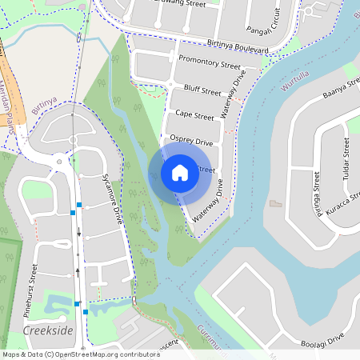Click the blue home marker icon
(179, 172)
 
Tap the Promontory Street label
(210, 63)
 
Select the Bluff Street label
(202, 91)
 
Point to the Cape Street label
(194, 116)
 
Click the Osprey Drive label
(192, 142)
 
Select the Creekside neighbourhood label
(48, 330)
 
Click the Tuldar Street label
(346, 159)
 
